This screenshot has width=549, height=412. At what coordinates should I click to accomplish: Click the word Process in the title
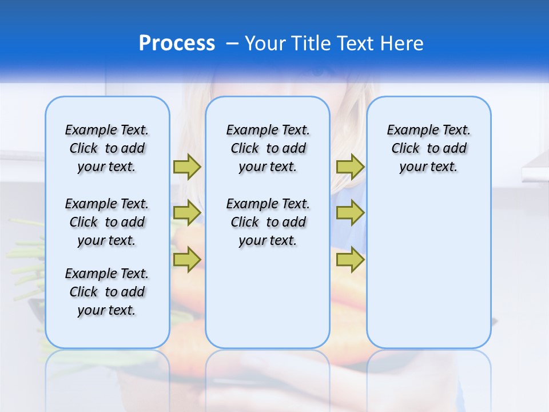pyautogui.click(x=177, y=43)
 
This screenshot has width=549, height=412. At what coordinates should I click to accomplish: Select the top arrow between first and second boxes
pyautogui.click(x=187, y=167)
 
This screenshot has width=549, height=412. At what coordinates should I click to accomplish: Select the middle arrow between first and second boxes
pyautogui.click(x=187, y=213)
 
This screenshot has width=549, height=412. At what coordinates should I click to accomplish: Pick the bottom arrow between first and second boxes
pyautogui.click(x=187, y=260)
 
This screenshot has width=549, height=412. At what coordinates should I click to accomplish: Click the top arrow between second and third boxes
pyautogui.click(x=350, y=167)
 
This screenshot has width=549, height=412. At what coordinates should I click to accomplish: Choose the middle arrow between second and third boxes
pyautogui.click(x=350, y=213)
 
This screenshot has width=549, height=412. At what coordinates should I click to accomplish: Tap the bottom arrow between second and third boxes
pyautogui.click(x=350, y=260)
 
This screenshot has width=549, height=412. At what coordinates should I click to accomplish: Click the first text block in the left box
pyautogui.click(x=107, y=148)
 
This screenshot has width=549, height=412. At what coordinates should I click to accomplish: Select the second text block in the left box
pyautogui.click(x=107, y=222)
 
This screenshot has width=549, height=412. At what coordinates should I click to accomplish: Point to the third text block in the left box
pyautogui.click(x=107, y=292)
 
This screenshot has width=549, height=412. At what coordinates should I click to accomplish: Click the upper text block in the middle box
pyautogui.click(x=268, y=148)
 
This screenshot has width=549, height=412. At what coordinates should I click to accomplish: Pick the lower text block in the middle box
pyautogui.click(x=268, y=222)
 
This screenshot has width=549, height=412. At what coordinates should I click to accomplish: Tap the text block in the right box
pyautogui.click(x=428, y=148)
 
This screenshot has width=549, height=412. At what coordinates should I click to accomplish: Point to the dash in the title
pyautogui.click(x=232, y=43)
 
